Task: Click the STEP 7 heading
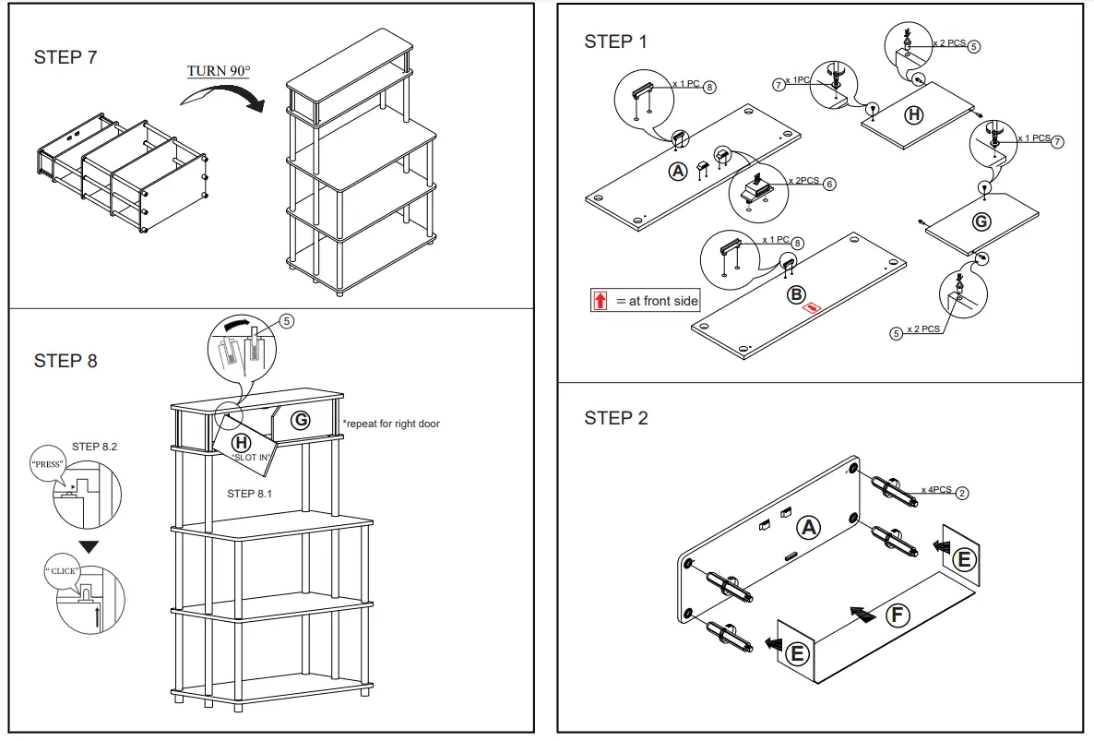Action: click(x=65, y=57)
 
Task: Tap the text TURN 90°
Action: click(x=219, y=71)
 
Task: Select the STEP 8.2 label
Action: click(x=94, y=447)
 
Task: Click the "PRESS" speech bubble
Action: click(x=48, y=464)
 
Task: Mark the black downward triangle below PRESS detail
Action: click(x=88, y=546)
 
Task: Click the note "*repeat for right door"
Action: click(x=391, y=424)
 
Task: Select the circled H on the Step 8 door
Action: click(x=240, y=443)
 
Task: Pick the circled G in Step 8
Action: click(x=300, y=420)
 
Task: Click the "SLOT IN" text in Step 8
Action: click(x=251, y=459)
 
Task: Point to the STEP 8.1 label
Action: click(x=249, y=494)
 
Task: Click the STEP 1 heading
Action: click(x=615, y=42)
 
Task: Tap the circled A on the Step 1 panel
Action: click(x=678, y=172)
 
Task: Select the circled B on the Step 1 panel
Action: click(x=795, y=294)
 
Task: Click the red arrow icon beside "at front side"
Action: click(x=601, y=301)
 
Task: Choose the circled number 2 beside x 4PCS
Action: click(x=962, y=493)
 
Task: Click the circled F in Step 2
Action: click(x=898, y=616)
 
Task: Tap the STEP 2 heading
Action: click(x=615, y=418)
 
